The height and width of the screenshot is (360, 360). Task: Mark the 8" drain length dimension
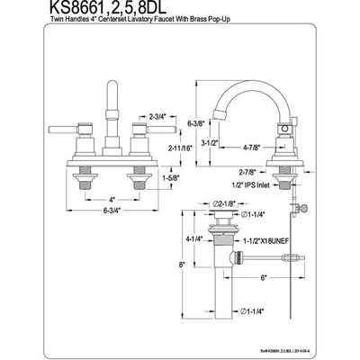tap(180, 265)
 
